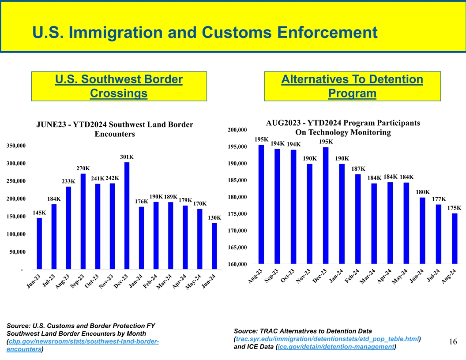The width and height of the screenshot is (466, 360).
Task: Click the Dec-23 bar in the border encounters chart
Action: click(127, 215)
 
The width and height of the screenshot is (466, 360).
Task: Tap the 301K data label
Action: click(127, 157)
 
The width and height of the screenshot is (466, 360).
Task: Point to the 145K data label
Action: click(40, 213)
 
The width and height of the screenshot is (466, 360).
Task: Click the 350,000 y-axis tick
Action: click(15, 146)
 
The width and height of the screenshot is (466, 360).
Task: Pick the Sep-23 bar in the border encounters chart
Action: click(83, 221)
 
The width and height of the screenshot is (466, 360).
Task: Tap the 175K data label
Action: click(455, 208)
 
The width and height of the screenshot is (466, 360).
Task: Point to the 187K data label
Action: click(358, 169)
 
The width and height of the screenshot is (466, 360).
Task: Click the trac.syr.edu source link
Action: click(327, 339)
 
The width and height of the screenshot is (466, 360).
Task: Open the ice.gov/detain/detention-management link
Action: click(335, 347)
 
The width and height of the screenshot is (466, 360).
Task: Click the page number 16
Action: click(453, 341)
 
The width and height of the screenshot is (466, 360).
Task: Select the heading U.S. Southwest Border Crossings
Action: click(119, 86)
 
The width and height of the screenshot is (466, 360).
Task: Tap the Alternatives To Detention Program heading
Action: click(352, 86)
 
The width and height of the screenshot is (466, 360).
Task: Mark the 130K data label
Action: click(214, 217)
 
